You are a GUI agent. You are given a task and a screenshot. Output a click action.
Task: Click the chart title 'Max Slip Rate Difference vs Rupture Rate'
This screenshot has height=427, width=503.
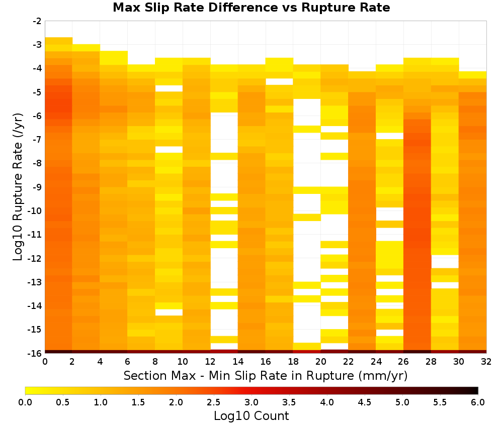(251, 8)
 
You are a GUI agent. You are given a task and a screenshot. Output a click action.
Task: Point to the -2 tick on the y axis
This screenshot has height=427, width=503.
(37, 21)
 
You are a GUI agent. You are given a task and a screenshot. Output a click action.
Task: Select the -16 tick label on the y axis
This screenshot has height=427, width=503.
(35, 353)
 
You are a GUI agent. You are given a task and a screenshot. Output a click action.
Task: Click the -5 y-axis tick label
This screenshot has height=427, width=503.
(37, 92)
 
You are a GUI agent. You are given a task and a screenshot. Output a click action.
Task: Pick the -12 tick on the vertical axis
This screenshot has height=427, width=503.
(35, 258)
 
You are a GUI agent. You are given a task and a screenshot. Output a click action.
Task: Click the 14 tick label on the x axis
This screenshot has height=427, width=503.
(238, 362)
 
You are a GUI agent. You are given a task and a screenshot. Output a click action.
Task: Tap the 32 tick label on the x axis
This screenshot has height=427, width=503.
(486, 362)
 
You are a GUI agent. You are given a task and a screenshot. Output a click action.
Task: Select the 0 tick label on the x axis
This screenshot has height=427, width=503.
(45, 362)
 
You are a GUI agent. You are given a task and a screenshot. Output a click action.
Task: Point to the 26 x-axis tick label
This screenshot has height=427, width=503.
(403, 362)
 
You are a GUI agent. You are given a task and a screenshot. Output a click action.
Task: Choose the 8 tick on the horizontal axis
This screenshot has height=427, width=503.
(155, 362)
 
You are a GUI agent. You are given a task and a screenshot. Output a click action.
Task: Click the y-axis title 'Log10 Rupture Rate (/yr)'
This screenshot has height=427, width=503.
(18, 187)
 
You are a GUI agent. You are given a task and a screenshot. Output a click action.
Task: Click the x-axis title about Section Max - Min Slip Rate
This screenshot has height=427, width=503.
(266, 375)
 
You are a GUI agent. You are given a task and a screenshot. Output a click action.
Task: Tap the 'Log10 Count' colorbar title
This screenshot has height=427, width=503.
(251, 416)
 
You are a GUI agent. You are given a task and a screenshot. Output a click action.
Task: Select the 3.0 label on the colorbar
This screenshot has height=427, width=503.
(251, 402)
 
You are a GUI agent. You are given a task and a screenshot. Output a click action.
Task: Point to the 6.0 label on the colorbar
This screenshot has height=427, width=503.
(478, 402)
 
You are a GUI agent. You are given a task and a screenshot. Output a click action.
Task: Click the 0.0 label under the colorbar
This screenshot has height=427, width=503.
(25, 402)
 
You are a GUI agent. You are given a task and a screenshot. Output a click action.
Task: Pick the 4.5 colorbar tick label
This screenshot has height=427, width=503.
(365, 402)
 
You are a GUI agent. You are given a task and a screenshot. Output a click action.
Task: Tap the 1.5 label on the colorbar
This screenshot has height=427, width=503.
(138, 402)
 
